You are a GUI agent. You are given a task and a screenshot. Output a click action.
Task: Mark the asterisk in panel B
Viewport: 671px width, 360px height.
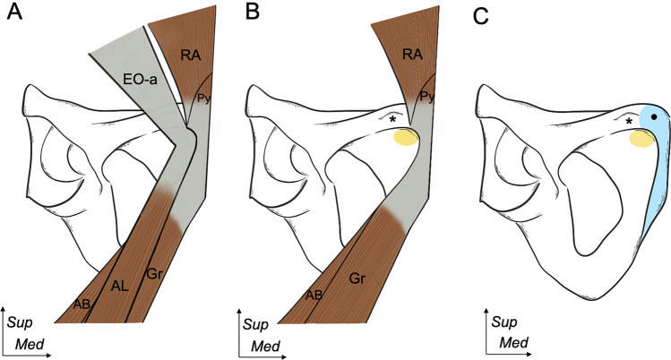391,119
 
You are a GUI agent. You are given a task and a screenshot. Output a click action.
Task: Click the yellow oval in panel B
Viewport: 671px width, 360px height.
406,137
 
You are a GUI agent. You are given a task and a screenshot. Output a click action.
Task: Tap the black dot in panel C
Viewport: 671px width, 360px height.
656,117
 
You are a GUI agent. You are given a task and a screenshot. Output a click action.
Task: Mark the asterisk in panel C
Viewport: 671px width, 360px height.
630,121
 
